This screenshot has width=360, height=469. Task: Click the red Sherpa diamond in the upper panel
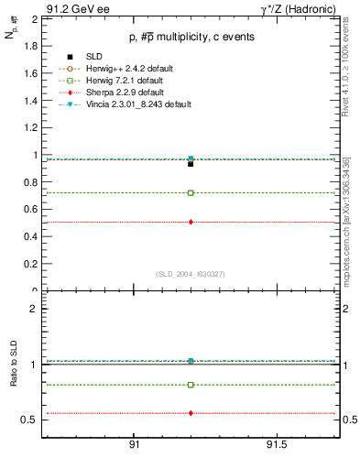(x=191, y=222)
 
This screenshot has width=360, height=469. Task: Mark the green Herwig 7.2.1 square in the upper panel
(x=191, y=193)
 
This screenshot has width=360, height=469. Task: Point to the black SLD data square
(x=191, y=164)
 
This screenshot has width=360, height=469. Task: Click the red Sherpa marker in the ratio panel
(x=191, y=413)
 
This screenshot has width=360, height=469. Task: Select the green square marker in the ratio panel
(x=191, y=385)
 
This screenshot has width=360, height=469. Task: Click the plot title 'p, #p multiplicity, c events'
(x=191, y=37)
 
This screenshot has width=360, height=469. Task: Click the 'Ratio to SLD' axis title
(x=15, y=365)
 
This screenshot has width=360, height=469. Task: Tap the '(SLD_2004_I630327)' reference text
(x=191, y=274)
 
